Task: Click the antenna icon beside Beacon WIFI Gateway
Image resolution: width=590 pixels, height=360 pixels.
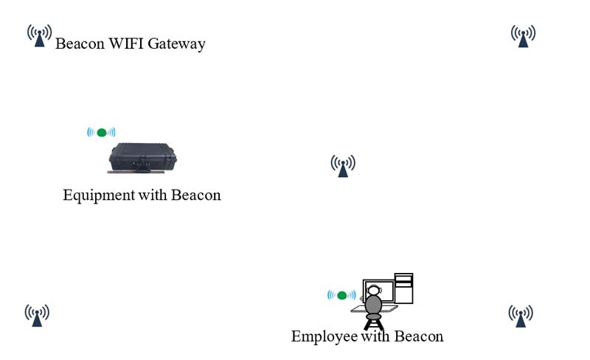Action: [39, 35]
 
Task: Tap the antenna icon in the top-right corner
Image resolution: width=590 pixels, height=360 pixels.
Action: [523, 35]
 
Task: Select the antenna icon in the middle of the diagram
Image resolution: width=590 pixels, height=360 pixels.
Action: [342, 165]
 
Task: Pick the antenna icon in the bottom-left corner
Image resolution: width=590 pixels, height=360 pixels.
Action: [37, 314]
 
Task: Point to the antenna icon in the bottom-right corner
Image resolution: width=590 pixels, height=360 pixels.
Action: [521, 315]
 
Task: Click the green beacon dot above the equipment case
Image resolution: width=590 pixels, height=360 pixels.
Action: [102, 133]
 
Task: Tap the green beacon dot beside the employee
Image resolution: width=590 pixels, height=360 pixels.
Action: [341, 295]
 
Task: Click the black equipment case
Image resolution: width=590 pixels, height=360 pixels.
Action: [144, 156]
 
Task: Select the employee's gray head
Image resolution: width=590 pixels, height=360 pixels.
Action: [374, 304]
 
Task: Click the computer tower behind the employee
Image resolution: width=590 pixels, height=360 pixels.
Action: [403, 288]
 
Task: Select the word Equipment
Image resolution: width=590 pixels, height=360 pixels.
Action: [99, 195]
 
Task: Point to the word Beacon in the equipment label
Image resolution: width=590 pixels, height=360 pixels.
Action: [195, 195]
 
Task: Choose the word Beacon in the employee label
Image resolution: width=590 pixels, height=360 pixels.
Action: [418, 336]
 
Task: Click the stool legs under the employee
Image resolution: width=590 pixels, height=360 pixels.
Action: [374, 322]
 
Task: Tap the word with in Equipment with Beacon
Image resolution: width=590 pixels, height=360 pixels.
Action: [153, 195]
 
